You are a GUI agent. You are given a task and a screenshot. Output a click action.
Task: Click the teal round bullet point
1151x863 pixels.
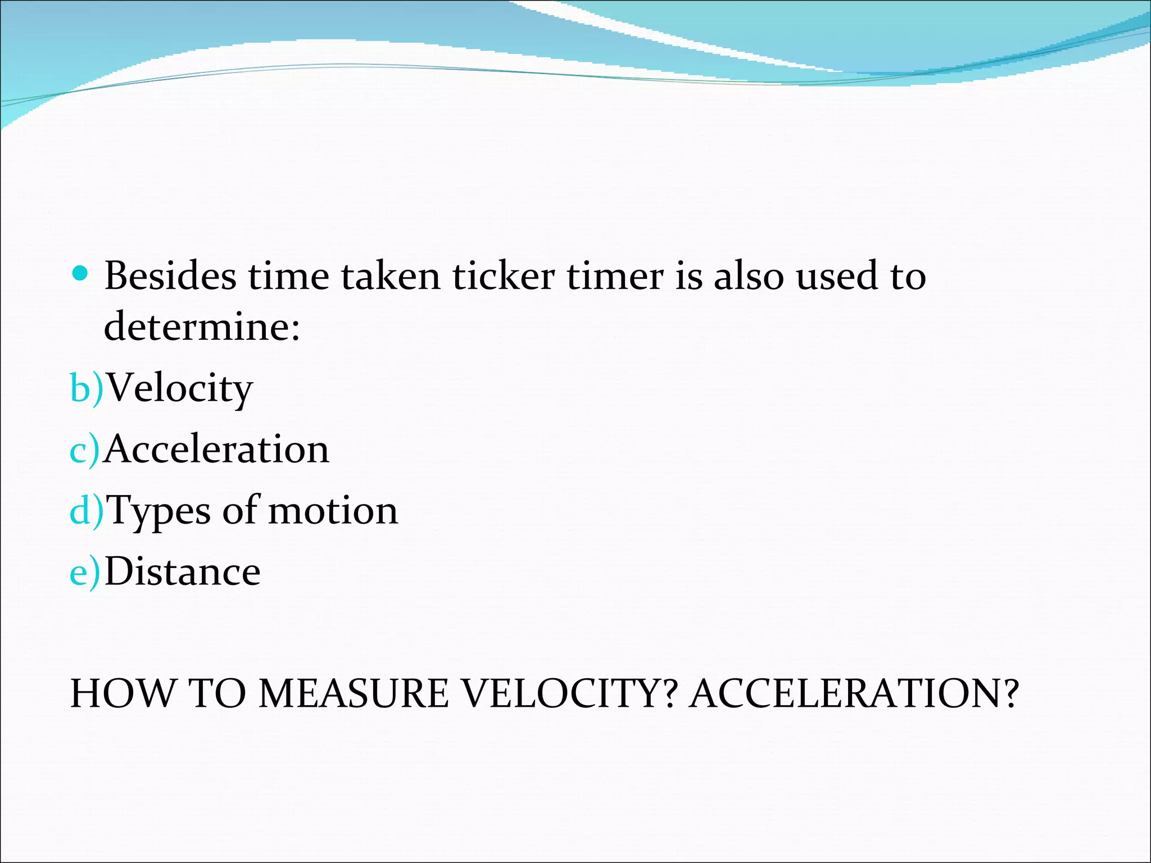click(x=81, y=274)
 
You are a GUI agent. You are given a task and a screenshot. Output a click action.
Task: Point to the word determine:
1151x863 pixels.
click(x=202, y=326)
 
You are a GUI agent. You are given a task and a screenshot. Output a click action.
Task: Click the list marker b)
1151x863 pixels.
click(x=87, y=388)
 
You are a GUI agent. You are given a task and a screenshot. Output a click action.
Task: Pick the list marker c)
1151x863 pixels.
click(x=85, y=449)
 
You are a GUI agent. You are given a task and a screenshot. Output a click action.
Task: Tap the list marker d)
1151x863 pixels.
click(x=87, y=511)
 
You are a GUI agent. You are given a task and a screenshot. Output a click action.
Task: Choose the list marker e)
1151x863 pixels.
click(x=85, y=572)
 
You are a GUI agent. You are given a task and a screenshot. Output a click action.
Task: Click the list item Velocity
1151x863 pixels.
click(x=180, y=389)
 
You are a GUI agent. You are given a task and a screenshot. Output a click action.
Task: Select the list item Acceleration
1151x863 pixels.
click(x=217, y=449)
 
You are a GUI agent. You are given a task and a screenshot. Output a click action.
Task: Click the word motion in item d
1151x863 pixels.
click(x=333, y=511)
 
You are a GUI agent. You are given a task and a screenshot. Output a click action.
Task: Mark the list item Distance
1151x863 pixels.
click(x=183, y=572)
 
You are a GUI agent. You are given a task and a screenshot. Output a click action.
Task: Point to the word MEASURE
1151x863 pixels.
click(x=354, y=693)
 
